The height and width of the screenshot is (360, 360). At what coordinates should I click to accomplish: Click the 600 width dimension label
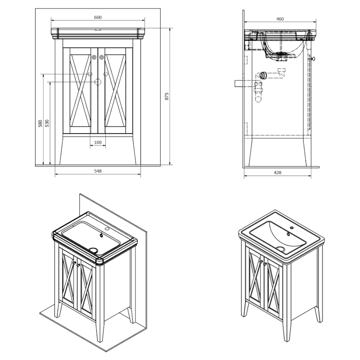98,18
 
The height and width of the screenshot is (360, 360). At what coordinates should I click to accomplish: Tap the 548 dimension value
98,171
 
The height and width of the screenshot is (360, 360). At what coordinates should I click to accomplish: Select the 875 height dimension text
167,96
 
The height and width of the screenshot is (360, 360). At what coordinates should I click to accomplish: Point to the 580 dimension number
40,123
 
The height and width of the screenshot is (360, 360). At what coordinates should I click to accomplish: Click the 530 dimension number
47,123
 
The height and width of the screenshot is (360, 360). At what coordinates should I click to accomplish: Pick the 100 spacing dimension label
98,143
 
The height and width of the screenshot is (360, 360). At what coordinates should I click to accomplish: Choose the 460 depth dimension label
280,19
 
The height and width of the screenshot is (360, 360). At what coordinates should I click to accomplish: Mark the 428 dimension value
278,173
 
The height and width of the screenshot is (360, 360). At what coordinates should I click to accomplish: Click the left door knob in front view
94,57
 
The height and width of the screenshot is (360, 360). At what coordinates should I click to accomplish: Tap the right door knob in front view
102,57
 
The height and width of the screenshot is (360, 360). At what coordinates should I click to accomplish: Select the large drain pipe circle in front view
98,82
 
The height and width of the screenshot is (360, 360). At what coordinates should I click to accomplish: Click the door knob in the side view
313,59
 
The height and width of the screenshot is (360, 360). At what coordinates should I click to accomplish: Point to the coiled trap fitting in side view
263,75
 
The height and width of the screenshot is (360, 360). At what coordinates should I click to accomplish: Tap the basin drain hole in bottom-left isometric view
94,250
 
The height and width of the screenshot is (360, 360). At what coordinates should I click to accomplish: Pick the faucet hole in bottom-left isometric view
107,229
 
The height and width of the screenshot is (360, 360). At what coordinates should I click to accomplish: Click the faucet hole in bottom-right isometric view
292,228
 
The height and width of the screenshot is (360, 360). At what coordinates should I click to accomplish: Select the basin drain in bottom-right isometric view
280,249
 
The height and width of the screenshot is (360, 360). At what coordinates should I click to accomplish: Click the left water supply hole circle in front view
90,74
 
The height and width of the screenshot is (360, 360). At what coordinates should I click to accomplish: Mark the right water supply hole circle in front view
106,74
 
